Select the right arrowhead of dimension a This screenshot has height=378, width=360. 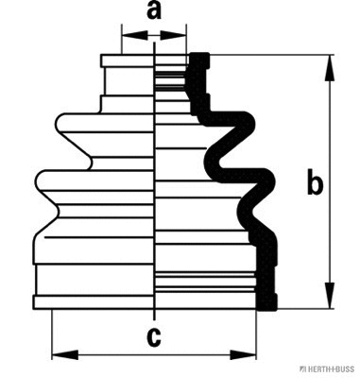[179, 35]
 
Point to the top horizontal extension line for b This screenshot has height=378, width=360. [274, 55]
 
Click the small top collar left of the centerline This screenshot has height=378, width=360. [129, 61]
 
